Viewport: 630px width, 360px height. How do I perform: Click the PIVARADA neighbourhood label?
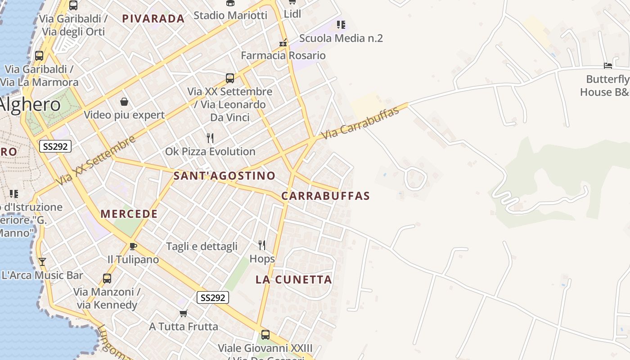click(153, 18)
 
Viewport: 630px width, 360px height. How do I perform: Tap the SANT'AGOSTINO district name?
click(224, 175)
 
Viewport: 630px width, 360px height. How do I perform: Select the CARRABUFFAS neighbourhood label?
click(325, 196)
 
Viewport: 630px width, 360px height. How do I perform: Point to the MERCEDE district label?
click(129, 214)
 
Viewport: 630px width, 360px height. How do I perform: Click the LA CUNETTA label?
click(294, 279)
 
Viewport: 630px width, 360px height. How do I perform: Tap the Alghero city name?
click(30, 104)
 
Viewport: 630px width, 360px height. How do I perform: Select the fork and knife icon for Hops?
click(262, 245)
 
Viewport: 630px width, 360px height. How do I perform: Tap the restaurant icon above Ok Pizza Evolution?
click(210, 138)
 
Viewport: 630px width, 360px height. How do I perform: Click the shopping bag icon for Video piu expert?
click(124, 102)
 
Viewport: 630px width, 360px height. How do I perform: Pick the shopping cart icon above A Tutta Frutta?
click(183, 313)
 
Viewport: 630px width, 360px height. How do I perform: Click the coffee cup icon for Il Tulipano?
click(133, 246)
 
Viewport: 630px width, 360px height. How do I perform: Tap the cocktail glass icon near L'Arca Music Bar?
click(42, 261)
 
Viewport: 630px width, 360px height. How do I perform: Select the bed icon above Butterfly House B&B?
click(608, 66)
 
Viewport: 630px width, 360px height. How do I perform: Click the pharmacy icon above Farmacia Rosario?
click(283, 42)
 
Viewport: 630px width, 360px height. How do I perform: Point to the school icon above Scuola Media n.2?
click(341, 24)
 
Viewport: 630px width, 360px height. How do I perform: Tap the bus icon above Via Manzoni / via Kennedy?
click(107, 279)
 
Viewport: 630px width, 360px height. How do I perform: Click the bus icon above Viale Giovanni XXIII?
click(265, 335)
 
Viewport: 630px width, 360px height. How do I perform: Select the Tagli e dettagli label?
click(202, 246)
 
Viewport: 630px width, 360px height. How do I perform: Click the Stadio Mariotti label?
click(230, 15)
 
